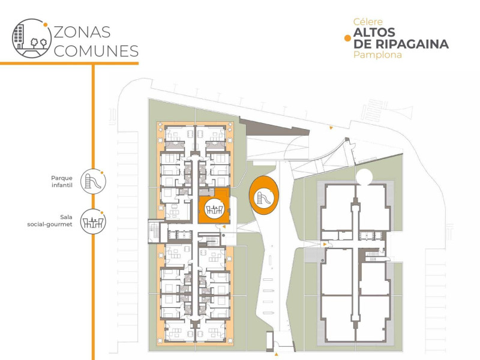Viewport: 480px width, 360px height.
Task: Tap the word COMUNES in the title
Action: (x=96, y=51)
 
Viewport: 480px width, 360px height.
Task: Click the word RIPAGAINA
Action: (x=415, y=44)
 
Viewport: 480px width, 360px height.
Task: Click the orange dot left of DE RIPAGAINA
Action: (x=346, y=38)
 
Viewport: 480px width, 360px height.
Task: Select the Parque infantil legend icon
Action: (x=93, y=181)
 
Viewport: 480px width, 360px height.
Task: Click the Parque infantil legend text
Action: (x=62, y=181)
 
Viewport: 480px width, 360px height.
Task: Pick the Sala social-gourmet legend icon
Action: (x=93, y=223)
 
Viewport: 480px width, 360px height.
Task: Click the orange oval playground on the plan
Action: (x=264, y=196)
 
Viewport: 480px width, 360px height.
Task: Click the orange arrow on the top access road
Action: (x=331, y=128)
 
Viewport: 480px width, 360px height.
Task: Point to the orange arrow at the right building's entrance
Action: (x=325, y=245)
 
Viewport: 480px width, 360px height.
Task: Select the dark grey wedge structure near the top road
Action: (x=271, y=127)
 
